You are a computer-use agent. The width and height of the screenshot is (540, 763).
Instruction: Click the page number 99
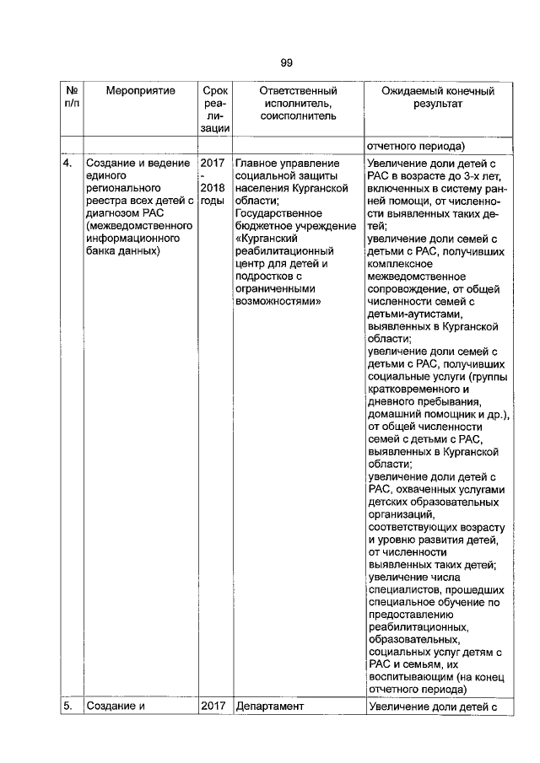(285, 62)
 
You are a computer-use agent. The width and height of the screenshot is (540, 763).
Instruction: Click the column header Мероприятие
(140, 90)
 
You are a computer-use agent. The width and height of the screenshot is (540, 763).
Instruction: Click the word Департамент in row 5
(270, 707)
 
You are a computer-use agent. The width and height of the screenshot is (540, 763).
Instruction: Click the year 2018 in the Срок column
(213, 188)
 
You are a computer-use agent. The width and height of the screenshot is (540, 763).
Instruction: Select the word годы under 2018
(212, 201)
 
